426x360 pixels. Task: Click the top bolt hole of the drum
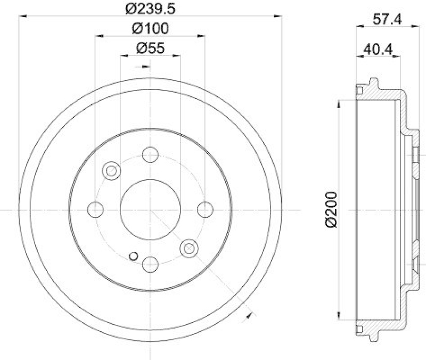(x=151, y=155)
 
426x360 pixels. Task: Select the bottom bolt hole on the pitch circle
(x=151, y=264)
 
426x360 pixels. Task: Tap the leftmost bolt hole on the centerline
(x=96, y=209)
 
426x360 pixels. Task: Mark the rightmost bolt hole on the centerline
(x=205, y=209)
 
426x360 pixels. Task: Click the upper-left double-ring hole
(x=112, y=170)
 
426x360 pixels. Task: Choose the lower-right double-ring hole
(x=189, y=248)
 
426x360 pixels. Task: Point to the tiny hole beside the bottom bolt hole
(x=133, y=256)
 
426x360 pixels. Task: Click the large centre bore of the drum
(x=151, y=209)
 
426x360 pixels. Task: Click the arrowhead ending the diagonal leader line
(x=248, y=316)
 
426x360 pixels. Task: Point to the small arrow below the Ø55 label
(x=145, y=66)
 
